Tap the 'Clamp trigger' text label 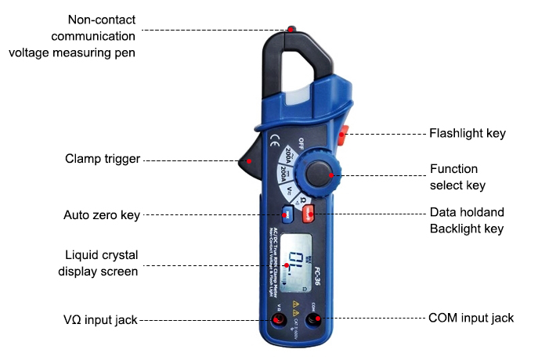click(103, 160)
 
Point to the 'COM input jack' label click(471, 318)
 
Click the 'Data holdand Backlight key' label click(466, 221)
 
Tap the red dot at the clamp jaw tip click(291, 29)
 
